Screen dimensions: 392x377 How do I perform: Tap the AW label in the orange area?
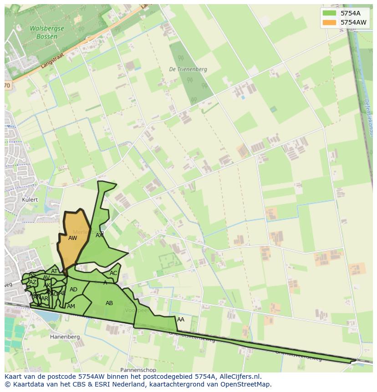pyautogui.click(x=72, y=238)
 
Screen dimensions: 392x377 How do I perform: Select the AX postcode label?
pyautogui.click(x=99, y=235)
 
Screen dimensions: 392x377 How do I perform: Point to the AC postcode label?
pyautogui.click(x=113, y=273)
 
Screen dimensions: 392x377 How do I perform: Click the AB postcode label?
pyautogui.click(x=109, y=303)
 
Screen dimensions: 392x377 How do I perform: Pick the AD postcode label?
pyautogui.click(x=73, y=290)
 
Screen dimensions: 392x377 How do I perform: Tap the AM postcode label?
pyautogui.click(x=71, y=306)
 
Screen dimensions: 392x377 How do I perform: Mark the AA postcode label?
pyautogui.click(x=181, y=320)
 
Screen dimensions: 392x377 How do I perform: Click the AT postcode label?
pyautogui.click(x=54, y=271)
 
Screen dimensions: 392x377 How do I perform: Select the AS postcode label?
pyautogui.click(x=32, y=275)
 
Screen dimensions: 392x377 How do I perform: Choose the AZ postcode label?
pyautogui.click(x=32, y=282)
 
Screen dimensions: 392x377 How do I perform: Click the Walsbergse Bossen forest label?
pyautogui.click(x=47, y=32)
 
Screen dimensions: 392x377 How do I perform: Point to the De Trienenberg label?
pyautogui.click(x=188, y=70)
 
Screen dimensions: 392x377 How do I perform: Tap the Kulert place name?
pyautogui.click(x=30, y=200)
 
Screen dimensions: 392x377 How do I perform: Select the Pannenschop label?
pyautogui.click(x=138, y=370)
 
